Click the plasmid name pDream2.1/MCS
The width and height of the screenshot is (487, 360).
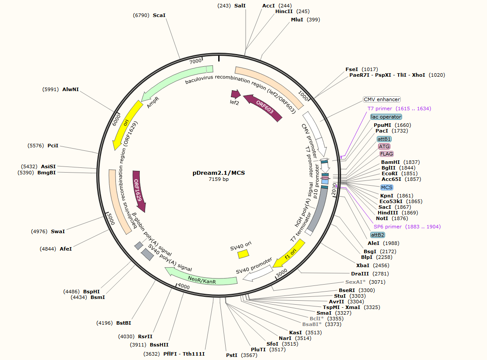click(x=219, y=173)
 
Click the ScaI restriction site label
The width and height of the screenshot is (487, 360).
click(x=159, y=15)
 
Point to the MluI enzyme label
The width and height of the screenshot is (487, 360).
click(x=298, y=20)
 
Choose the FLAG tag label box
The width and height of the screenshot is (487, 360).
click(x=386, y=154)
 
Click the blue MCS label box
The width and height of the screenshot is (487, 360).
click(x=387, y=187)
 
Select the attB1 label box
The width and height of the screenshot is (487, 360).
click(x=384, y=139)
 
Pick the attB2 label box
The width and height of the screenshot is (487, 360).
click(x=378, y=235)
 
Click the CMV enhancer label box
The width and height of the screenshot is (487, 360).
click(x=382, y=99)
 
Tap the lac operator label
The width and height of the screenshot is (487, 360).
click(x=386, y=117)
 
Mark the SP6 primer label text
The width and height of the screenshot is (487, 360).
click(x=388, y=227)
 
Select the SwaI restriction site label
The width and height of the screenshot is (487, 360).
click(x=58, y=231)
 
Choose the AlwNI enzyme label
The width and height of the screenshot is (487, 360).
click(x=71, y=89)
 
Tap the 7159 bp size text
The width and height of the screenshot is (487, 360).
click(x=219, y=179)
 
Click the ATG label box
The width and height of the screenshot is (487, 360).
click(x=384, y=146)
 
